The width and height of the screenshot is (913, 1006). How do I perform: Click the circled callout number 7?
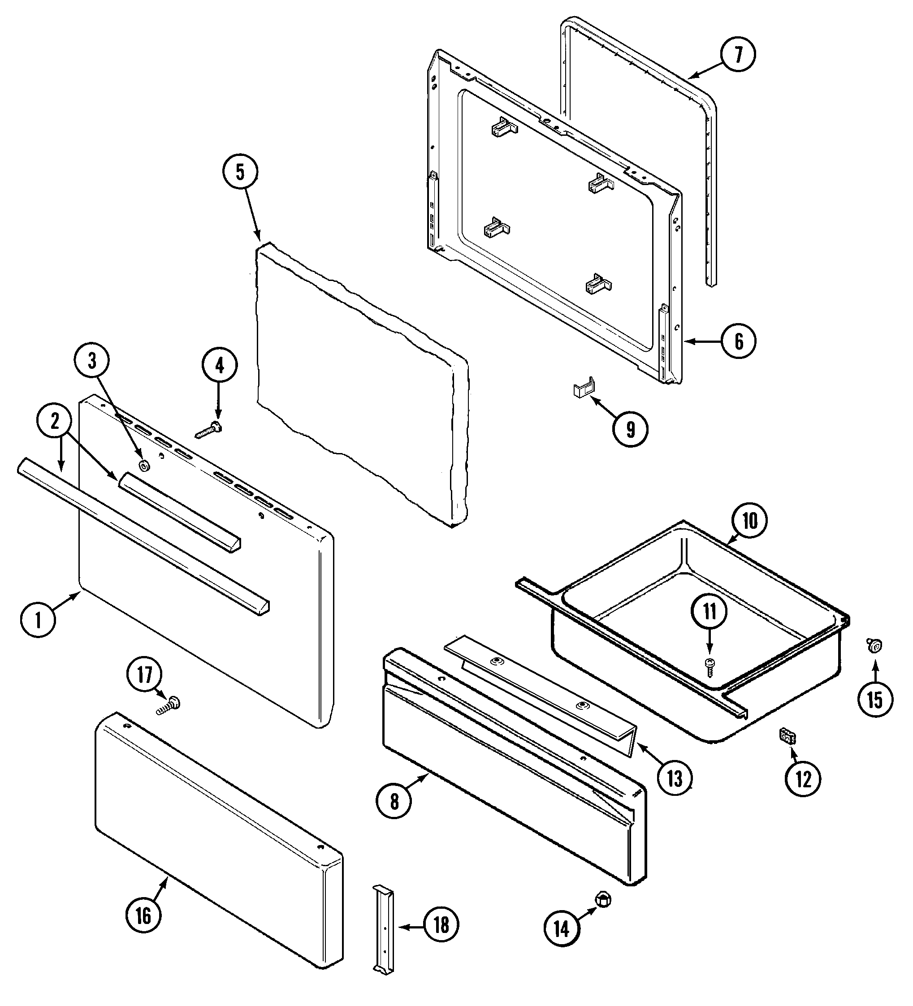(x=738, y=54)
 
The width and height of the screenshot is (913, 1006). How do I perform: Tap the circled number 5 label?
(x=240, y=172)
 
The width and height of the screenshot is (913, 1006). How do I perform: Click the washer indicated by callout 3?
(x=144, y=466)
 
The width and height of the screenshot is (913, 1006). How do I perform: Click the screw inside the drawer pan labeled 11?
(x=710, y=666)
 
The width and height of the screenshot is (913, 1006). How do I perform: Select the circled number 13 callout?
(x=675, y=778)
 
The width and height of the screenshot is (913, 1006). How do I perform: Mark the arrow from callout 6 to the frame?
(x=702, y=341)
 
